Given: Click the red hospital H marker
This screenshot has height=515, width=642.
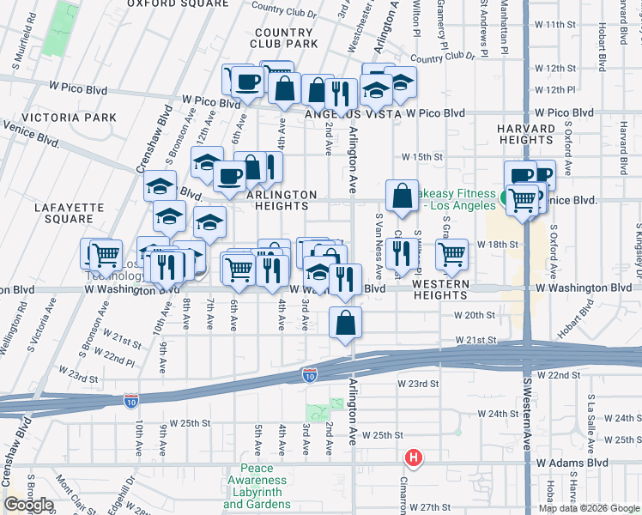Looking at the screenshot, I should (x=414, y=457).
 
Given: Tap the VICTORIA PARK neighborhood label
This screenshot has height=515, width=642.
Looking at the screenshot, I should (x=58, y=117).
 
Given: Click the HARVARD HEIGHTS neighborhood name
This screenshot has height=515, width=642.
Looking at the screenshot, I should (x=524, y=134).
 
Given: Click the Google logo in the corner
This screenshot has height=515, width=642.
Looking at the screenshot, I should (x=27, y=506).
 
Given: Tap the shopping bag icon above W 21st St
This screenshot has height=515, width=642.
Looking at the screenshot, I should (x=345, y=323).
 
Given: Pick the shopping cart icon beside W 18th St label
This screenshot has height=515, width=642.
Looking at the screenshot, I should (x=451, y=253).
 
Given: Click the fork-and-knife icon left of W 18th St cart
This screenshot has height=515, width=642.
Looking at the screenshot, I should (x=401, y=253).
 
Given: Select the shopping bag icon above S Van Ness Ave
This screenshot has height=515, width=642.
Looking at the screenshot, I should (x=402, y=195).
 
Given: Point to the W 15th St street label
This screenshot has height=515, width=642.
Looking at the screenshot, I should (x=423, y=157).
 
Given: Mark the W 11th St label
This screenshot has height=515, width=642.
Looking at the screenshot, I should (x=554, y=25).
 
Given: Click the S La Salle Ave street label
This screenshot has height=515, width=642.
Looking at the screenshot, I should (x=591, y=417).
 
